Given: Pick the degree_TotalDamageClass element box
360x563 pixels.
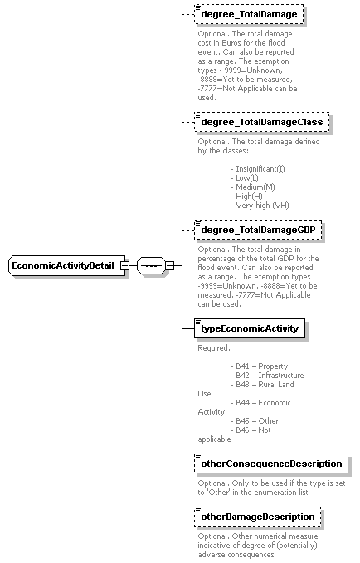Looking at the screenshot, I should click(263, 123).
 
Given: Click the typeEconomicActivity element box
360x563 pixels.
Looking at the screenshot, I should click(251, 328).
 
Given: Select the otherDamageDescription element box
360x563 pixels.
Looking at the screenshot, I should click(258, 517).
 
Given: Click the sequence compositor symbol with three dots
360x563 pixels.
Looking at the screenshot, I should click(152, 265).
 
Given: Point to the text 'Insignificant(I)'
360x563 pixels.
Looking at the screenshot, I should click(260, 169).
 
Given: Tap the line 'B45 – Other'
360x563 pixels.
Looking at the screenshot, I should click(257, 420).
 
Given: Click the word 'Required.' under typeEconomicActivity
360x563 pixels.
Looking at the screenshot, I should click(214, 348).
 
